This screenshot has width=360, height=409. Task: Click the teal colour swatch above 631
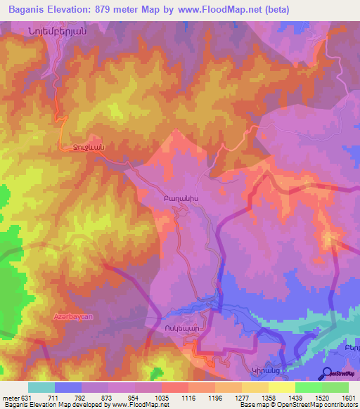click(x=41, y=387)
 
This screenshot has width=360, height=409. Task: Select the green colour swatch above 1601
click(x=335, y=387)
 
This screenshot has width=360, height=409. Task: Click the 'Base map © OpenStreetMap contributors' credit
click(x=298, y=405)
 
